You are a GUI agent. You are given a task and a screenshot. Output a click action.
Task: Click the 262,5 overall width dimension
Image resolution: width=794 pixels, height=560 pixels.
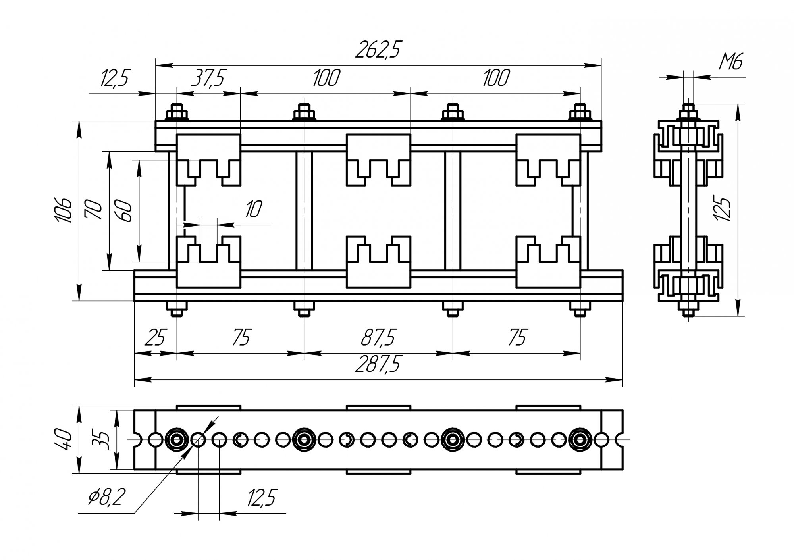pyautogui.click(x=377, y=50)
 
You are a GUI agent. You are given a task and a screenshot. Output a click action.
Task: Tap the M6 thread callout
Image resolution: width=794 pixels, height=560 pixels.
pyautogui.click(x=731, y=62)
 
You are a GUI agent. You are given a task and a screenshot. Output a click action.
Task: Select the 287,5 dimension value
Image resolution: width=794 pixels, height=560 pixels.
pyautogui.click(x=377, y=364)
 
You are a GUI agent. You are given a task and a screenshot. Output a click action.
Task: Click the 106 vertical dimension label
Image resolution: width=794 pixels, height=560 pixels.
pyautogui.click(x=63, y=210)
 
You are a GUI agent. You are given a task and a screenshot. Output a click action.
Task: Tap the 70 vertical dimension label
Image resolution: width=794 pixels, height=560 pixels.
pyautogui.click(x=94, y=210)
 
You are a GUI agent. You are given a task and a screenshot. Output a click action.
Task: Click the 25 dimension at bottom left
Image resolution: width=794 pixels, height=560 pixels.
pyautogui.click(x=154, y=338)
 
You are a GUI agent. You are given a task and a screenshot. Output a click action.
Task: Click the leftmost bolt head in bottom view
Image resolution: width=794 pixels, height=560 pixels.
pyautogui.click(x=176, y=439)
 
